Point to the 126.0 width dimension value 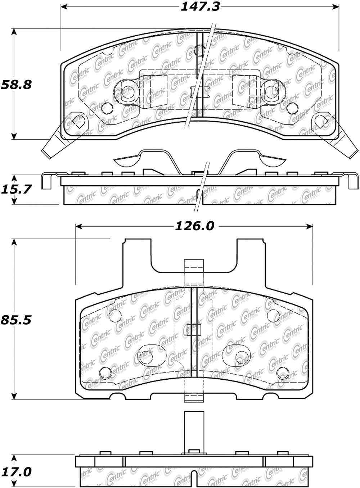coord(194,226)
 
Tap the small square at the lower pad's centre coord(194,329)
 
